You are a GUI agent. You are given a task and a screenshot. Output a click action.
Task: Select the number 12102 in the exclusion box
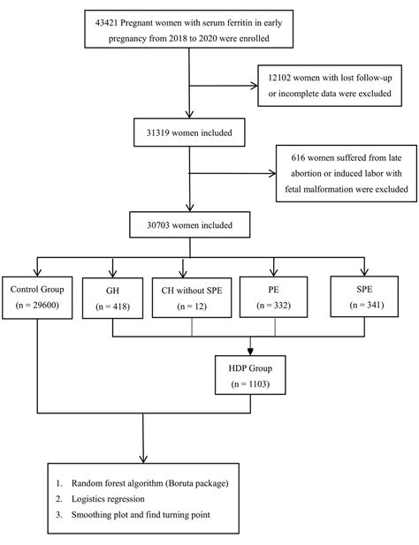pos(279,78)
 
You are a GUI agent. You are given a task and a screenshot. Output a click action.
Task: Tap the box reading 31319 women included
pos(189,132)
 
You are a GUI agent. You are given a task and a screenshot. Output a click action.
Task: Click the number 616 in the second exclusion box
pos(298,158)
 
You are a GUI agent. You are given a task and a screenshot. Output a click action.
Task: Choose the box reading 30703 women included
pos(189,225)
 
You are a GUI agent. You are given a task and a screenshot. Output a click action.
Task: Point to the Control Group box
pos(37,298)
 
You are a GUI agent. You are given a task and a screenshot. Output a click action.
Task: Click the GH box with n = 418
pos(112,298)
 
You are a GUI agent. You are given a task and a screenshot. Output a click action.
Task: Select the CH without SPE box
pos(192,298)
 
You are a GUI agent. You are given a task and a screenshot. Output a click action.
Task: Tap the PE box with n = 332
pos(274,297)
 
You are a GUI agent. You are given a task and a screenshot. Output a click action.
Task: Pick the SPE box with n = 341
pos(364,297)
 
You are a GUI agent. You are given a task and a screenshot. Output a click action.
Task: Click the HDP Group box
pos(250,375)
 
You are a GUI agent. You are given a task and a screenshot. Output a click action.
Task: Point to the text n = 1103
pos(250,384)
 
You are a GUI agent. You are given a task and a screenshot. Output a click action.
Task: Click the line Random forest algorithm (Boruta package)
pos(150,483)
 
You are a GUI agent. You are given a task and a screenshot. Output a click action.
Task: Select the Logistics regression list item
pos(108,499)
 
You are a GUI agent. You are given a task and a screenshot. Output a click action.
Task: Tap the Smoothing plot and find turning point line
pos(141,514)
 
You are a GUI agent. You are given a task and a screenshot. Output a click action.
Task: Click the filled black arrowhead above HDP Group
pos(250,351)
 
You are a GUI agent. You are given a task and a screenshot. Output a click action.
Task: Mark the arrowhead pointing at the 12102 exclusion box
pos(255,86)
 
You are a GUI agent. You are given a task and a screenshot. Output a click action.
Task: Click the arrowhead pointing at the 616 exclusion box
pos(272,173)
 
